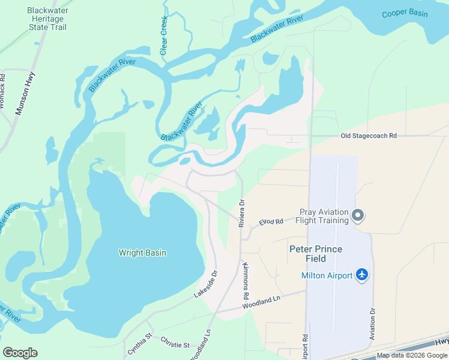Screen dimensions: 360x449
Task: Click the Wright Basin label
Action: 142,253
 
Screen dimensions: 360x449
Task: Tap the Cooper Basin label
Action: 405,14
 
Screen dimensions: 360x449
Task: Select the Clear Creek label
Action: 164,36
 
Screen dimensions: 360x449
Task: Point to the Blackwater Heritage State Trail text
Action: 48,19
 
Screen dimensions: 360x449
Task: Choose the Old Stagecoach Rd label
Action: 369,136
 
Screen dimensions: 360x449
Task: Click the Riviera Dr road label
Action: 242,213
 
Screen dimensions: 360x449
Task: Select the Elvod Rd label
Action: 271,222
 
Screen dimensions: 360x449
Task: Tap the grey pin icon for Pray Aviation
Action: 358,215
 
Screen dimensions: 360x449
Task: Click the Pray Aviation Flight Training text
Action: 324,216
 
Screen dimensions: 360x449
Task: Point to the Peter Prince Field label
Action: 316,254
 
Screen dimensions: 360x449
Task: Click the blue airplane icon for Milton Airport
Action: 361,275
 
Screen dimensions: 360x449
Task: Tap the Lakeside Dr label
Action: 205,284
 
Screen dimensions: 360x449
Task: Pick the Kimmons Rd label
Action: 245,281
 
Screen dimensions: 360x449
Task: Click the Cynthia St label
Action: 140,347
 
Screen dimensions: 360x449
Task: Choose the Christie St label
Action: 175,342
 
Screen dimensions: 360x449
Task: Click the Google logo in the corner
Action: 20,353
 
